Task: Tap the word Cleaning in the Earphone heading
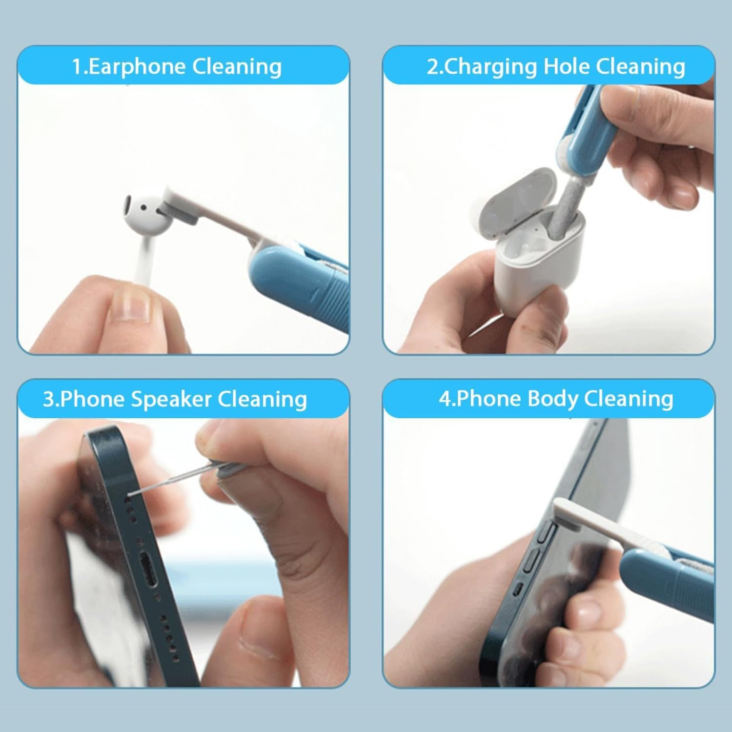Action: tap(237, 67)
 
